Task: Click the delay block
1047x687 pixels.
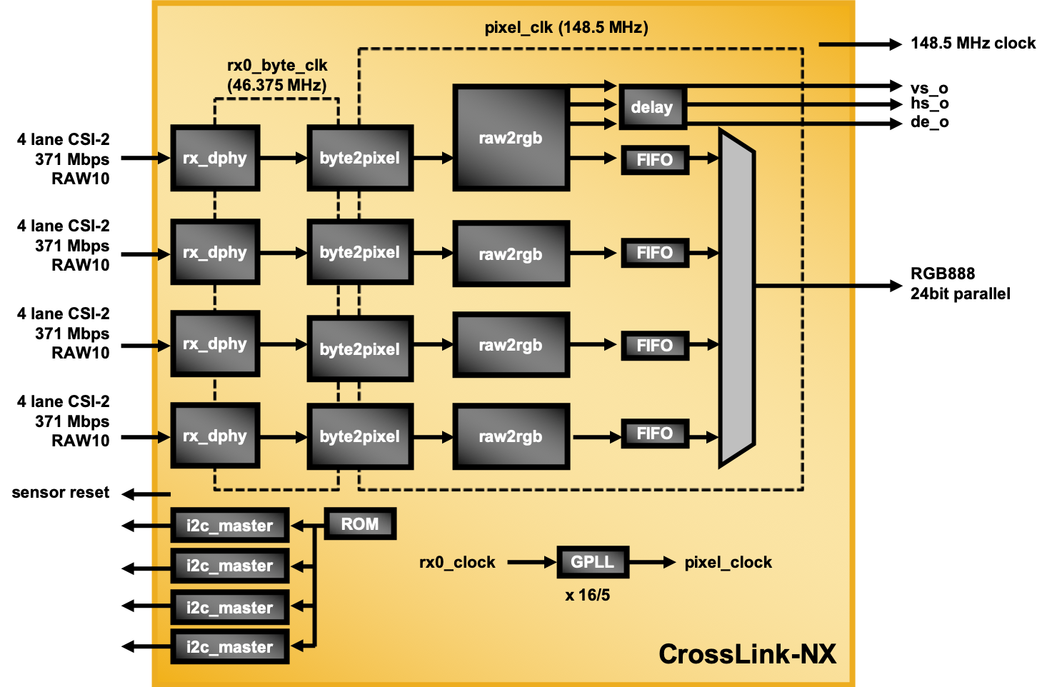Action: [652, 108]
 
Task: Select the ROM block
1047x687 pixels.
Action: [360, 524]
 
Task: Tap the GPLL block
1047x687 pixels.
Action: [592, 562]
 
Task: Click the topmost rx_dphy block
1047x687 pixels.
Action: [215, 158]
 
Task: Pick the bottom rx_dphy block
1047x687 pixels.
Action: [215, 436]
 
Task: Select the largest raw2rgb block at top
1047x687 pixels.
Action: [511, 138]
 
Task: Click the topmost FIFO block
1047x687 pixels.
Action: [654, 160]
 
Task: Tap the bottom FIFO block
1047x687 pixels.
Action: [654, 433]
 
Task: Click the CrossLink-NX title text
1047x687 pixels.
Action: [747, 654]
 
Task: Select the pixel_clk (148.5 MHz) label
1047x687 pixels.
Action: [566, 28]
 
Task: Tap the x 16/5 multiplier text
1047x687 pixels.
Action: [587, 595]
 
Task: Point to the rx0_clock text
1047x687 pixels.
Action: [457, 563]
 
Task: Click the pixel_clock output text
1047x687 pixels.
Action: [728, 563]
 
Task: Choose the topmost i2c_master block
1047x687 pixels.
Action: [229, 526]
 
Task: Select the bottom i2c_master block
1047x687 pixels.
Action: [229, 647]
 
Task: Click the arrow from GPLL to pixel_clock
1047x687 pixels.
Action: [652, 563]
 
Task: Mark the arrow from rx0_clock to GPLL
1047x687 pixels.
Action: [531, 563]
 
